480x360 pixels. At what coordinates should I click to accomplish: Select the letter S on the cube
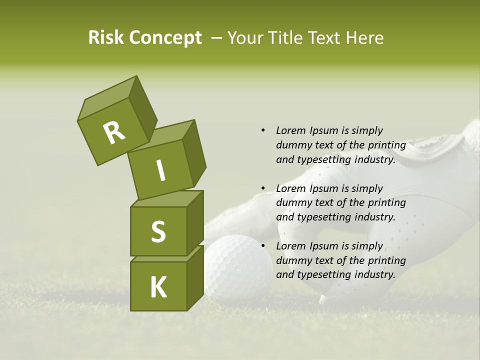[x=158, y=231]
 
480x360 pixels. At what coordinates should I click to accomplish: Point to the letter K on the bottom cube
[x=158, y=287]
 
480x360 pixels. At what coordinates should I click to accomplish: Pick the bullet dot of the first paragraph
[x=263, y=130]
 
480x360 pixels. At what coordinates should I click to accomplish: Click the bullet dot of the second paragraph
[x=263, y=188]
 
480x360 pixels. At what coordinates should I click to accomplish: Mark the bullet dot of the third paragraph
[x=263, y=246]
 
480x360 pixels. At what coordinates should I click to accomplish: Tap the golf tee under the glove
[x=323, y=299]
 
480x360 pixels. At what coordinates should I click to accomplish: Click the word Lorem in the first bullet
[x=290, y=130]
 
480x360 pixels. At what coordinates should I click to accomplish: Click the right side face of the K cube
[x=195, y=278]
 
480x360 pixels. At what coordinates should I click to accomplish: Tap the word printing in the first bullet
[x=386, y=145]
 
